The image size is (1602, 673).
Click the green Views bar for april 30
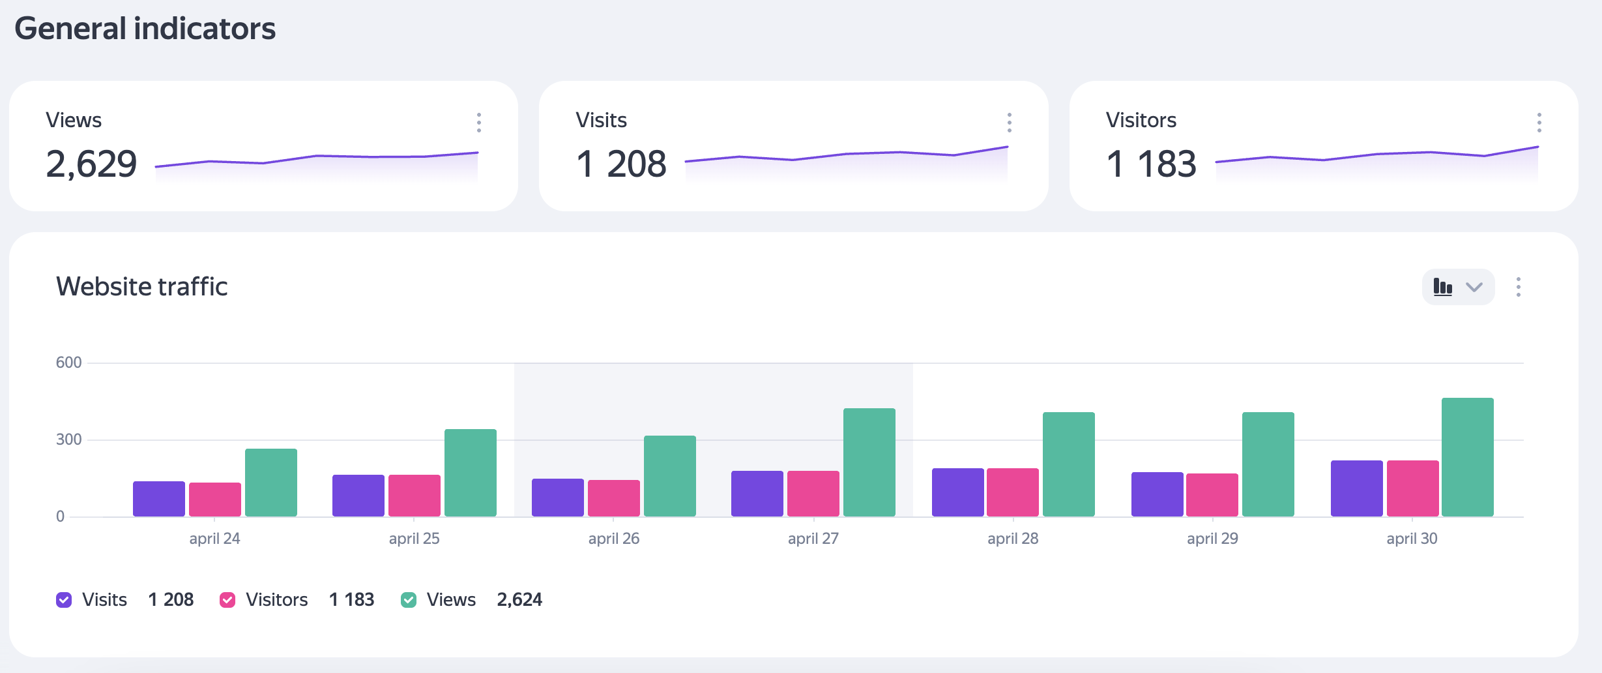click(1467, 457)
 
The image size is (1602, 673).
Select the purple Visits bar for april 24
click(159, 499)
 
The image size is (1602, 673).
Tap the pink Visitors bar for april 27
click(813, 494)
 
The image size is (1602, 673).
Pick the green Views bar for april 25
click(470, 473)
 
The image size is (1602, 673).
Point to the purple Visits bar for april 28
click(957, 492)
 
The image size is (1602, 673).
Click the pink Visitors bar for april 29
click(1212, 495)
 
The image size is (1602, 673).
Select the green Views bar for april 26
click(669, 476)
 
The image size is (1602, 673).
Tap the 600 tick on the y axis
click(68, 363)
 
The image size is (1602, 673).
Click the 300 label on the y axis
click(68, 440)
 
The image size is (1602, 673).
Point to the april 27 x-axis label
click(813, 539)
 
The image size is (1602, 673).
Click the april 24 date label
click(214, 539)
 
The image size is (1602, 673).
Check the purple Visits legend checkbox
click(64, 600)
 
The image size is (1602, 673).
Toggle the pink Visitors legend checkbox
click(227, 600)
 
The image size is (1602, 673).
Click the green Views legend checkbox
click(409, 600)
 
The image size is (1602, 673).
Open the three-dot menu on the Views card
click(479, 123)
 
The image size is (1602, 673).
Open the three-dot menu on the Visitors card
click(1539, 123)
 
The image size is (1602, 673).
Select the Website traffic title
click(141, 287)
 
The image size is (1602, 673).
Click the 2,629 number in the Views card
click(91, 164)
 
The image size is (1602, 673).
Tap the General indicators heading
click(145, 29)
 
